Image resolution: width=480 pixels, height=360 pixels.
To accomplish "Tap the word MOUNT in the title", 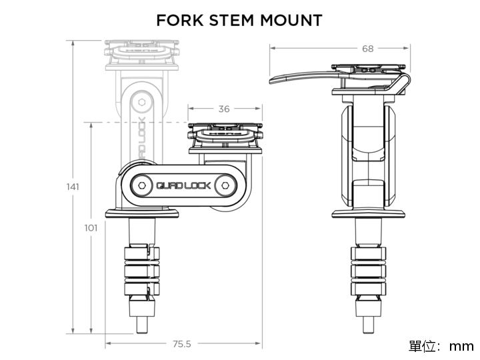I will pos(291,21).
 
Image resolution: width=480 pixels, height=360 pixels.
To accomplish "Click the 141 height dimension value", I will pos(73,187).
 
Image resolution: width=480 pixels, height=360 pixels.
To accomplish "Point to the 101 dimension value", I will pos(91,228).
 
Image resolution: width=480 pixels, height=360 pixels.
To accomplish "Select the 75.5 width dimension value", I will pos(182,344).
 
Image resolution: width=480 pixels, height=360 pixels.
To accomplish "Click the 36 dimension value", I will pos(224,109).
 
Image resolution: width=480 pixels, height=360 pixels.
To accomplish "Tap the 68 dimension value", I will pos(368,48).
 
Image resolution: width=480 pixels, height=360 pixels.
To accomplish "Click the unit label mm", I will pos(461,346).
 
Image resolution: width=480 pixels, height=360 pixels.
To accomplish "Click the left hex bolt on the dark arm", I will pos(143,184).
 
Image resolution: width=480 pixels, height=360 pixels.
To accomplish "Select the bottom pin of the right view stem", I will pos(368,326).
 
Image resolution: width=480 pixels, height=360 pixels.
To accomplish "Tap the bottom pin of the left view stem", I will pos(142,326).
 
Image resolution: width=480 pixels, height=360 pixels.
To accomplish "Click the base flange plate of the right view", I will pos(368,215).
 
